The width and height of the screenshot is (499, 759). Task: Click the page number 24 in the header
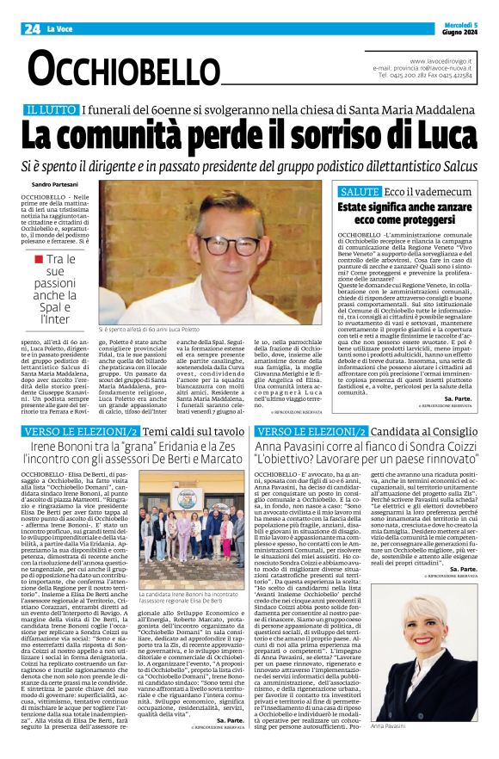point(34,28)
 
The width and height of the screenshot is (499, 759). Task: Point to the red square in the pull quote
point(38,259)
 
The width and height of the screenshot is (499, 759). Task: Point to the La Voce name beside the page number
point(61,29)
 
